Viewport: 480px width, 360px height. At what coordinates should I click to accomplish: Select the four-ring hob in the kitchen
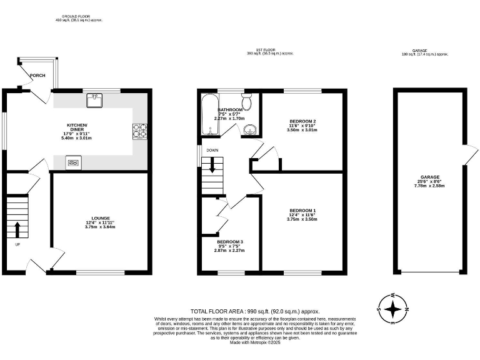point(140,131)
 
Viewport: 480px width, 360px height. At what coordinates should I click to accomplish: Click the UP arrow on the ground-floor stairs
point(17,227)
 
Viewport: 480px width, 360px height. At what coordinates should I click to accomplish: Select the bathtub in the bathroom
point(208,115)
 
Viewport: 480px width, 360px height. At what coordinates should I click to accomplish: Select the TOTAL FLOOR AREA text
point(255,311)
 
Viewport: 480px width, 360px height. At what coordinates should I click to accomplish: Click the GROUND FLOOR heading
point(79,16)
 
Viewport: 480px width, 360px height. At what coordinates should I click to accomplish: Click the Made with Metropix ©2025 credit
point(255,342)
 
